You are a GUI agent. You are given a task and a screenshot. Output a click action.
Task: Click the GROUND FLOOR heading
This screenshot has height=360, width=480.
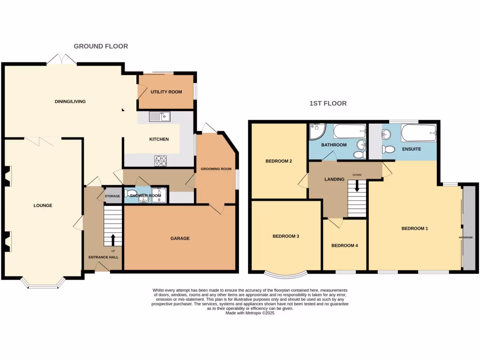point(101,46)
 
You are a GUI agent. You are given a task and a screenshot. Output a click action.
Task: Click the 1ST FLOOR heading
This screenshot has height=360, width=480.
point(328,103)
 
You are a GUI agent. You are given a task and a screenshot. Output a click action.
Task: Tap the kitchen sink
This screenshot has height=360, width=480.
point(160,117)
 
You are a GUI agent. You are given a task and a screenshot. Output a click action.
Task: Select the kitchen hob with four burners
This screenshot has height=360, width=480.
point(161,160)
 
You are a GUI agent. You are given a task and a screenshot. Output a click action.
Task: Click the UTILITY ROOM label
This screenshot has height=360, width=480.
point(166,92)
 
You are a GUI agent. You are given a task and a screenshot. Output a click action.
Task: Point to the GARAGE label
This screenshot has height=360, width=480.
point(180,239)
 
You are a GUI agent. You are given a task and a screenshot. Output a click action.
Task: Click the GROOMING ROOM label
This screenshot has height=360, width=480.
point(216,169)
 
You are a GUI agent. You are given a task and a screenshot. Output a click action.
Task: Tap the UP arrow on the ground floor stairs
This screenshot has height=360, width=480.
point(112,240)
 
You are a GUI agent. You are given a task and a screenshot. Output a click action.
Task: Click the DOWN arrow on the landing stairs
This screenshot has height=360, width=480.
point(357,186)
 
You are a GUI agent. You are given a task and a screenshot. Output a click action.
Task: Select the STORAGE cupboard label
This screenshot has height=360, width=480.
point(112,196)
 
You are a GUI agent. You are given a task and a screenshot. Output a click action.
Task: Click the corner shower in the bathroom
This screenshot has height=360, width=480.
point(317,132)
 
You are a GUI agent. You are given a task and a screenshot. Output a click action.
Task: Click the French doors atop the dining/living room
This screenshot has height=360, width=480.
point(61,60)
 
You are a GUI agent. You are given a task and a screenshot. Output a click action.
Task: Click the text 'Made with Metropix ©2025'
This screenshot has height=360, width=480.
point(250,313)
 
